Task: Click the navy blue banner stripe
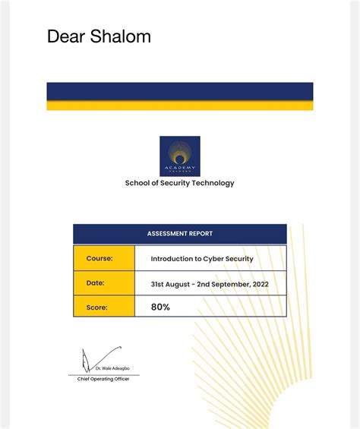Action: (x=179, y=91)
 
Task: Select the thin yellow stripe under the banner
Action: (x=179, y=106)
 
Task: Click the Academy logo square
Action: (x=180, y=156)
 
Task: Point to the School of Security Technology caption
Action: (x=180, y=183)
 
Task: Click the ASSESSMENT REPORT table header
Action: (x=180, y=234)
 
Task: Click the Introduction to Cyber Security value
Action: (x=202, y=259)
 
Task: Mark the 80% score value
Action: (x=160, y=308)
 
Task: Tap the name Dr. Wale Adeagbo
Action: (x=112, y=368)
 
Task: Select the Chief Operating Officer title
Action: (x=103, y=379)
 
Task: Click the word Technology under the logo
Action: (x=213, y=183)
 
